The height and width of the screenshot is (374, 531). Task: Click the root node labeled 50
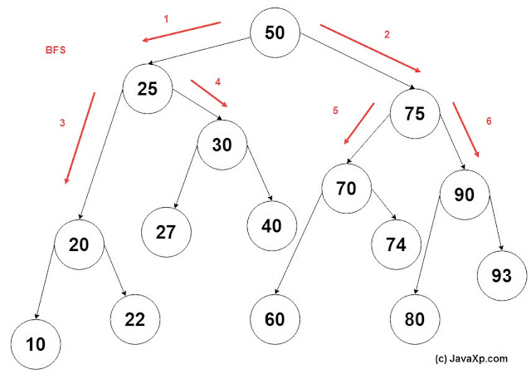pyautogui.click(x=275, y=33)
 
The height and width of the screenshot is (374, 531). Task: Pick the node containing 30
pyautogui.click(x=222, y=144)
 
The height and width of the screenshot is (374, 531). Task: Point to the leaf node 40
pyautogui.click(x=271, y=224)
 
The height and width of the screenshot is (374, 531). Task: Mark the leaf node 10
pyautogui.click(x=36, y=341)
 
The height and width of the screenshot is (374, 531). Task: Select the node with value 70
pyautogui.click(x=346, y=189)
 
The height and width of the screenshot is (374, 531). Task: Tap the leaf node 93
pyautogui.click(x=500, y=275)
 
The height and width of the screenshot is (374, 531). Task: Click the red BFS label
pyautogui.click(x=56, y=50)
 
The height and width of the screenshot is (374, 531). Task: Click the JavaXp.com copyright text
pyautogui.click(x=471, y=359)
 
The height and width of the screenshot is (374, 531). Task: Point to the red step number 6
pyautogui.click(x=489, y=121)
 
